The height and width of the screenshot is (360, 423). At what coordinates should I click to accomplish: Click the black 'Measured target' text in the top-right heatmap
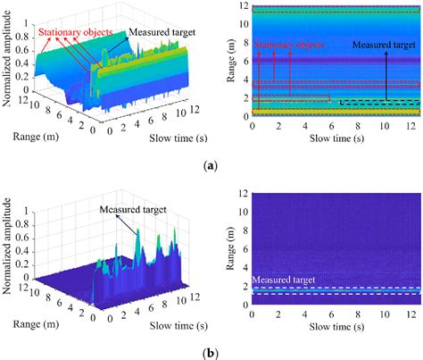[384, 44]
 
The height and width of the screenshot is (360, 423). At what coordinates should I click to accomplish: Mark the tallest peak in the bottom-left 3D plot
[137, 231]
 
